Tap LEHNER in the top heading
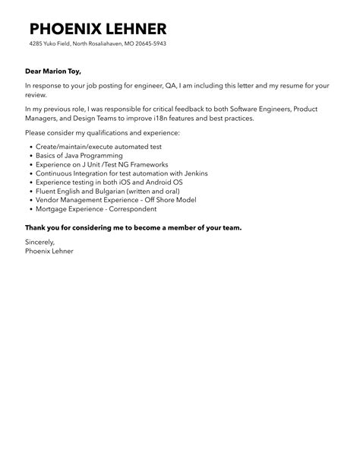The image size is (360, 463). [137, 29]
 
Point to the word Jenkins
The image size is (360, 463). [192, 173]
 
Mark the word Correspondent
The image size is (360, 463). [134, 208]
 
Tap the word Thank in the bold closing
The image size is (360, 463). [35, 227]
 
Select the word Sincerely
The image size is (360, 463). [39, 243]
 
